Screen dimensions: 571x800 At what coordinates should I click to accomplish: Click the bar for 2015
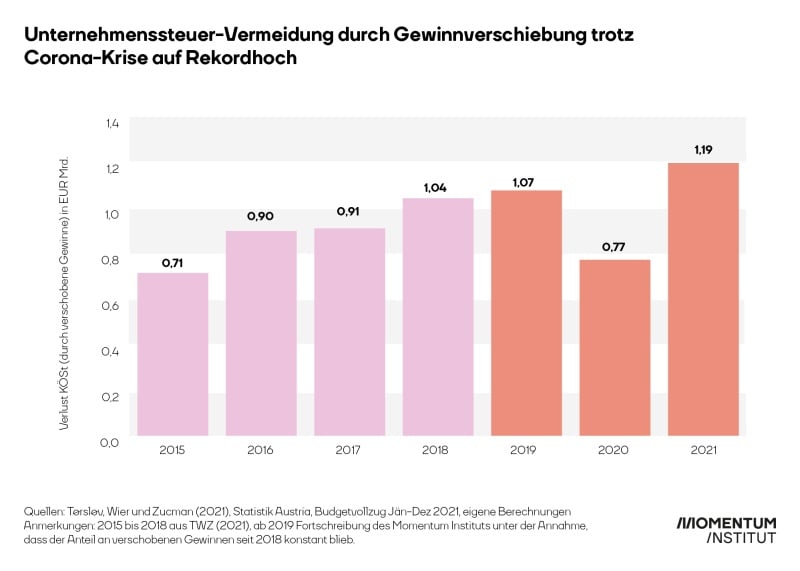(x=172, y=354)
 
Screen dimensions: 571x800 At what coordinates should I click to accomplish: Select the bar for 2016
(x=261, y=333)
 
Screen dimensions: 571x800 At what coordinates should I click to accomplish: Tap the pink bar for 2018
(x=437, y=317)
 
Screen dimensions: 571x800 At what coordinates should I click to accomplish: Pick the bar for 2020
(x=614, y=348)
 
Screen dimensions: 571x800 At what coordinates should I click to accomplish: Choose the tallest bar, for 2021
(x=703, y=299)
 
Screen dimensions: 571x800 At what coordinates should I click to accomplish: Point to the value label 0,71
(x=172, y=263)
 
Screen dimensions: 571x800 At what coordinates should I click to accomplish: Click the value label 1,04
(x=437, y=188)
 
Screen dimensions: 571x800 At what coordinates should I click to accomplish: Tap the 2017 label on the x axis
(x=349, y=452)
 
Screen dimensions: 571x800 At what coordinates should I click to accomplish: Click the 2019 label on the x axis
(x=526, y=452)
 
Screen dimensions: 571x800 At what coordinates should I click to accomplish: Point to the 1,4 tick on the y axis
(x=111, y=122)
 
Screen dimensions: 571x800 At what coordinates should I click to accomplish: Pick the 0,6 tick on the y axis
(x=111, y=305)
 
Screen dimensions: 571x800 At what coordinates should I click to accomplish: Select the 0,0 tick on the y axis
(x=111, y=441)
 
